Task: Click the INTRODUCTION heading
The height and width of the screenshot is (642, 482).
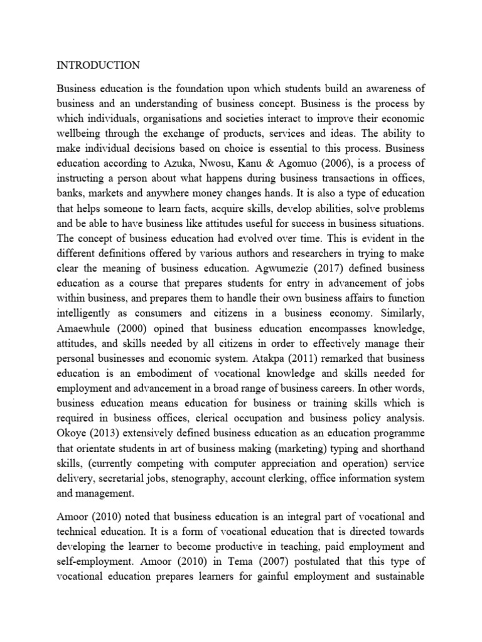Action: point(99,65)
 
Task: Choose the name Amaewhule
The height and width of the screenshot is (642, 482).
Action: point(87,328)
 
